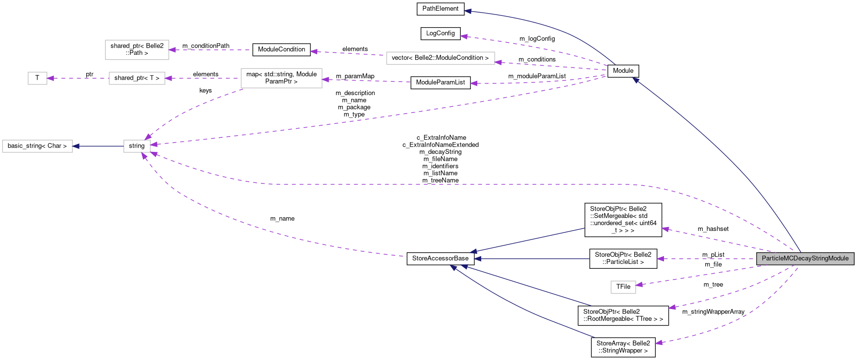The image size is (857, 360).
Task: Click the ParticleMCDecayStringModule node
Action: pyautogui.click(x=805, y=259)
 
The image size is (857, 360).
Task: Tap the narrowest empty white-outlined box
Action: pyautogui.click(x=37, y=78)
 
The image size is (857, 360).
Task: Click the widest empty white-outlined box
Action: pyautogui.click(x=440, y=58)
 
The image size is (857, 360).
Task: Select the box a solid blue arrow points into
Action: pyautogui.click(x=37, y=146)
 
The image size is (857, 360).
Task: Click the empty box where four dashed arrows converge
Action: pyautogui.click(x=137, y=146)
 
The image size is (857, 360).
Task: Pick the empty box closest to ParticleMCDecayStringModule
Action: pyautogui.click(x=623, y=287)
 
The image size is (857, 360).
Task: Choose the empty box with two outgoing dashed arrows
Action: pyautogui.click(x=281, y=78)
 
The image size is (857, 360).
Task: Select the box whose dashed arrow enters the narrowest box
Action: pyautogui.click(x=137, y=78)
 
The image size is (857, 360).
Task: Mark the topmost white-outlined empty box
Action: pyautogui.click(x=137, y=50)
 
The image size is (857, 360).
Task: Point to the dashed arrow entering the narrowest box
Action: pyautogui.click(x=78, y=78)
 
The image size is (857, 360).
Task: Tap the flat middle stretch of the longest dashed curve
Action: pyautogui.click(x=437, y=184)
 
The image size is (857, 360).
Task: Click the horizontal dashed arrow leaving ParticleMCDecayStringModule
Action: pyautogui.click(x=708, y=259)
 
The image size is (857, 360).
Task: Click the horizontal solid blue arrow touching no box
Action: pyautogui.click(x=534, y=259)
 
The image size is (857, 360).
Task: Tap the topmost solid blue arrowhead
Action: pyautogui.click(x=468, y=11)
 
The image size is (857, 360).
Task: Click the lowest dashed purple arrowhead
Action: pyautogui.click(x=659, y=343)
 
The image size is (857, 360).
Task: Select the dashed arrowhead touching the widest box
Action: pyautogui.click(x=498, y=62)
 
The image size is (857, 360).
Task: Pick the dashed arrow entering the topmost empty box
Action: pyautogui.click(x=209, y=50)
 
